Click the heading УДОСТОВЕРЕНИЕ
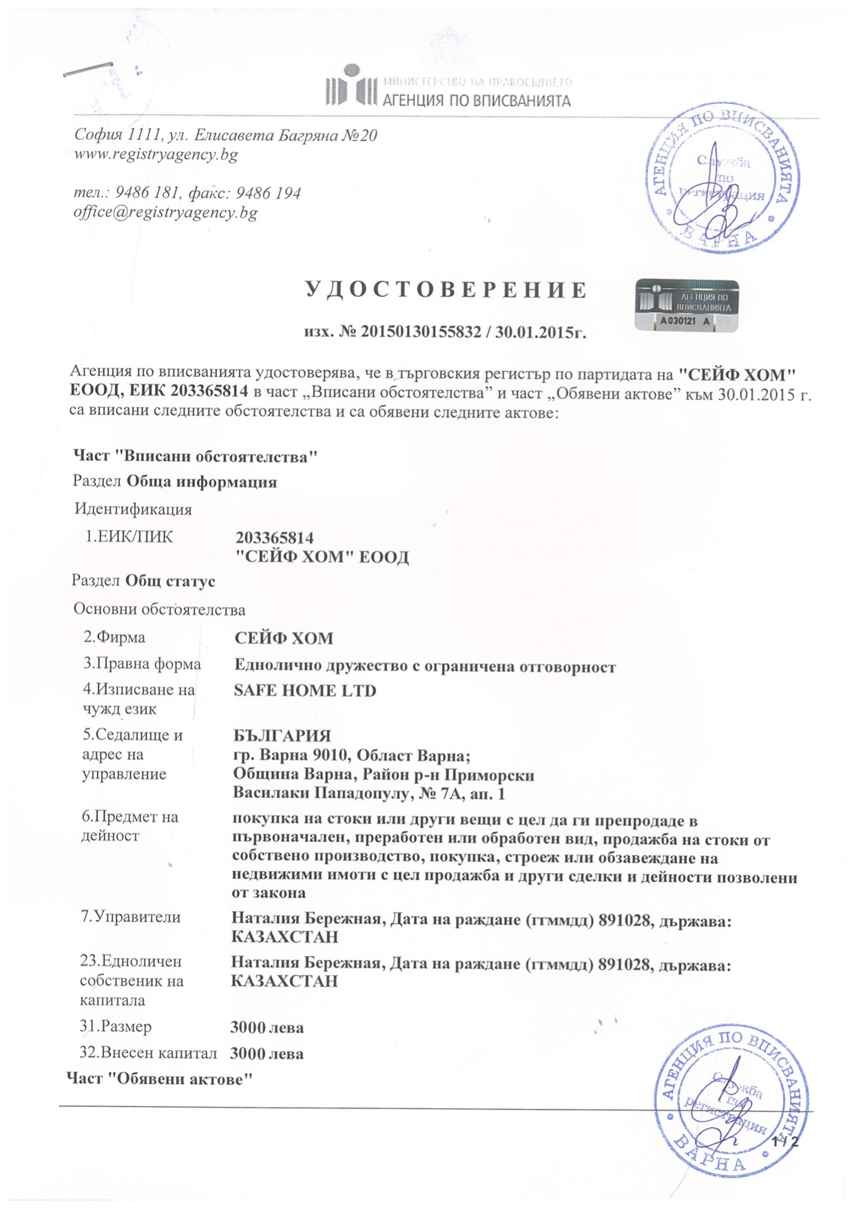click(446, 290)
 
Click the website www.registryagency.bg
click(156, 154)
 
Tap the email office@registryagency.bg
click(165, 212)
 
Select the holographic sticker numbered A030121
click(686, 305)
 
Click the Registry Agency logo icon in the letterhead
click(351, 86)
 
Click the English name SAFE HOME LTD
click(304, 690)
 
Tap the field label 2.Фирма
click(114, 637)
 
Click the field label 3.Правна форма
click(142, 664)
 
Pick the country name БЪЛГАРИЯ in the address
click(282, 736)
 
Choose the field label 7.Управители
click(131, 917)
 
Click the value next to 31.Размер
click(267, 1027)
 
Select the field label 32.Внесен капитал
click(149, 1053)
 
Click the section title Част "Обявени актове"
click(160, 1078)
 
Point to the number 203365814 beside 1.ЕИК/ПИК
click(274, 538)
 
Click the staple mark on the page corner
click(88, 69)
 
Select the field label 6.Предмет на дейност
click(129, 826)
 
